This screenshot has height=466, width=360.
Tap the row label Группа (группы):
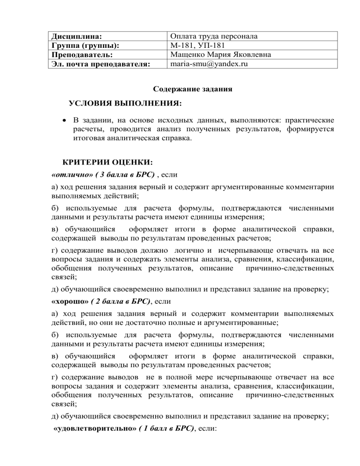pos(84,45)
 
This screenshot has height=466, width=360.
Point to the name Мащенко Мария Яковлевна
pos(221,54)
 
